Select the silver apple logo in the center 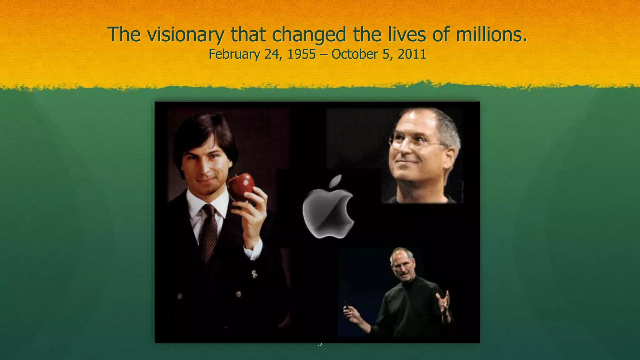[328, 212]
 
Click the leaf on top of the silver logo [336, 182]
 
